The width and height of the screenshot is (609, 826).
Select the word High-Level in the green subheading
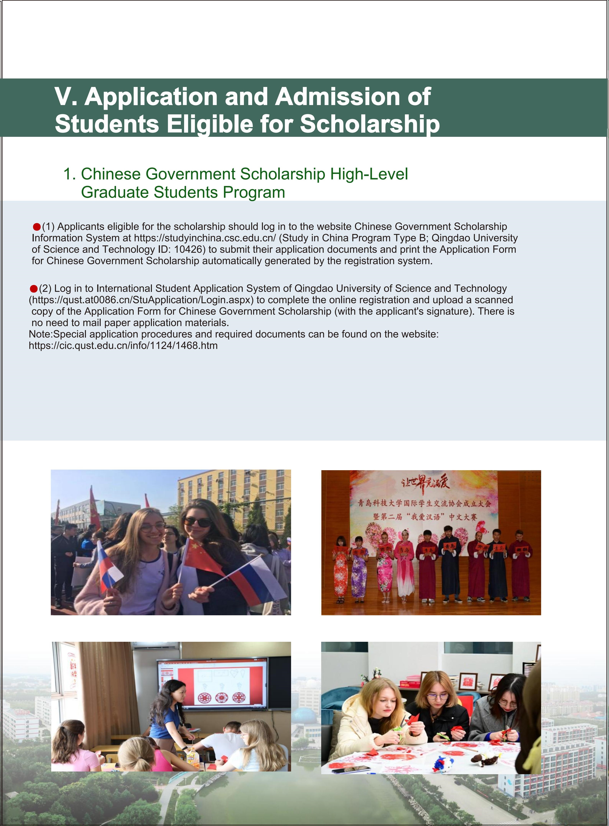369,174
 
